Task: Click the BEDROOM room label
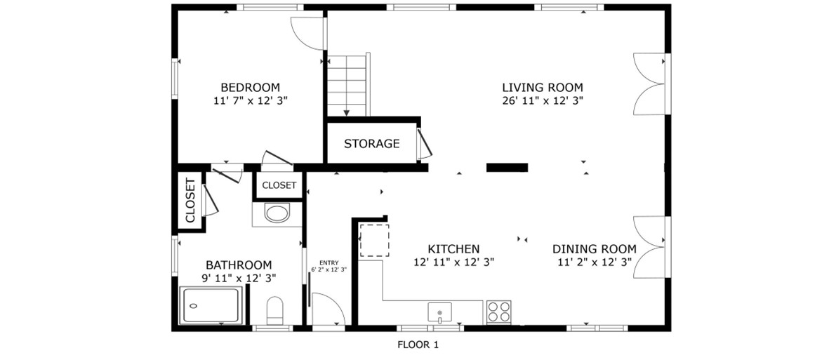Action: tap(250, 88)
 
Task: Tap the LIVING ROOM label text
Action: tap(543, 88)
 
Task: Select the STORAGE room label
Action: tap(371, 143)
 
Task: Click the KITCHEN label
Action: tap(453, 249)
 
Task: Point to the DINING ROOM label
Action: tap(595, 249)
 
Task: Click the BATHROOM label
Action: tap(239, 265)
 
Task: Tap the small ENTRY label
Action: tap(329, 262)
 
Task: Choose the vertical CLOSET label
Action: tap(190, 204)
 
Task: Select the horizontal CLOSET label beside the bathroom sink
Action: tap(279, 185)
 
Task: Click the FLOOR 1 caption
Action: tap(418, 345)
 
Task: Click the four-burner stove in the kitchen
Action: tap(498, 312)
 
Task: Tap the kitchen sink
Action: tap(440, 312)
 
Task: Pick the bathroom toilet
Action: tap(274, 310)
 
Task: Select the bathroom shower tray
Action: tap(212, 305)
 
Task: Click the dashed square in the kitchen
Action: tap(374, 241)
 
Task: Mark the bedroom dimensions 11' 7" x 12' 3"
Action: tap(250, 100)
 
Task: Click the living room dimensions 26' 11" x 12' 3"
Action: tap(543, 100)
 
